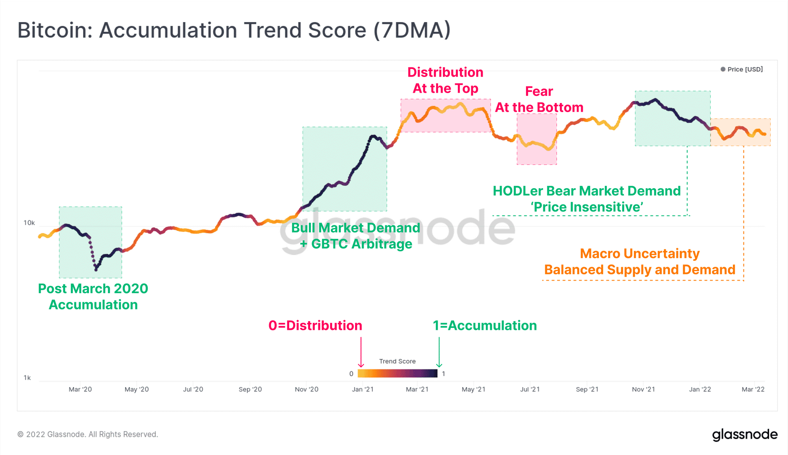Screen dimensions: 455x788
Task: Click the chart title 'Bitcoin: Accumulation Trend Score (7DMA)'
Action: [x=234, y=30]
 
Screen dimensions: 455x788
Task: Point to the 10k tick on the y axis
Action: [x=29, y=223]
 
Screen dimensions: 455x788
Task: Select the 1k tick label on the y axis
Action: [x=27, y=378]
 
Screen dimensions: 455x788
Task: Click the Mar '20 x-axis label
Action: [x=80, y=389]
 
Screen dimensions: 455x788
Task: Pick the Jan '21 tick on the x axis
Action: [x=362, y=389]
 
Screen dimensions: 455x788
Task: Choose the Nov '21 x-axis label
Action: [x=643, y=389]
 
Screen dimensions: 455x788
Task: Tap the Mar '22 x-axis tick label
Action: [x=753, y=389]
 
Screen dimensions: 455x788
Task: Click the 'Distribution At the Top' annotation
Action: [x=445, y=81]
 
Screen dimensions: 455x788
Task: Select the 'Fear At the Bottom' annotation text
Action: [x=539, y=99]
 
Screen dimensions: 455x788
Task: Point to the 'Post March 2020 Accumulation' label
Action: [x=93, y=297]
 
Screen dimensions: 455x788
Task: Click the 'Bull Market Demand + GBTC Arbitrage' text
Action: [x=355, y=236]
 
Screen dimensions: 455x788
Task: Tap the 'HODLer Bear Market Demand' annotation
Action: [x=587, y=191]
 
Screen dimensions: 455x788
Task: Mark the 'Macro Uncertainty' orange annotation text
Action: [x=639, y=253]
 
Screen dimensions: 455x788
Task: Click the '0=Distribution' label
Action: [x=315, y=326]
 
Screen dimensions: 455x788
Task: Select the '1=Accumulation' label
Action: [x=485, y=326]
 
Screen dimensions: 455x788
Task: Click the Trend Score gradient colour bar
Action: [x=397, y=373]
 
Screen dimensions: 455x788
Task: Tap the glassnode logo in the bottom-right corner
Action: [x=745, y=434]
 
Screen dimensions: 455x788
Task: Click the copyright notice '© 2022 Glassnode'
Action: [x=88, y=434]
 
